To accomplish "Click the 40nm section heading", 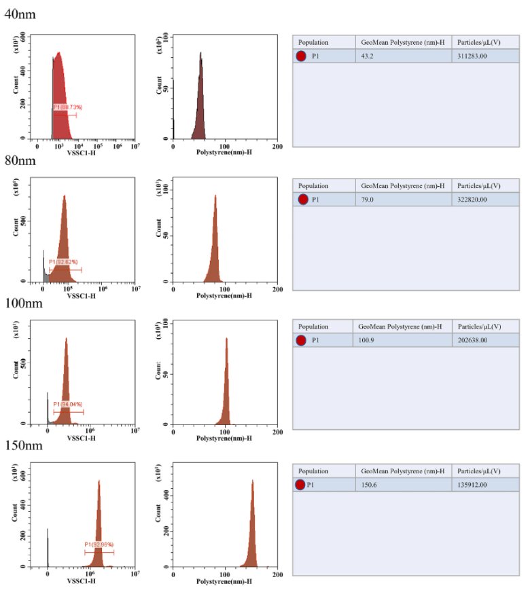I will (x=20, y=14).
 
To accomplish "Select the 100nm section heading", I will (x=22, y=303).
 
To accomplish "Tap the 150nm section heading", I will (x=22, y=446).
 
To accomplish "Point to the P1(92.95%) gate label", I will (x=99, y=545).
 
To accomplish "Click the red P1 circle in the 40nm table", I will (x=301, y=56).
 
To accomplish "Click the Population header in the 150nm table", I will (x=313, y=471).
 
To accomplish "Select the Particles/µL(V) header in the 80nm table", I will (x=479, y=185).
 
